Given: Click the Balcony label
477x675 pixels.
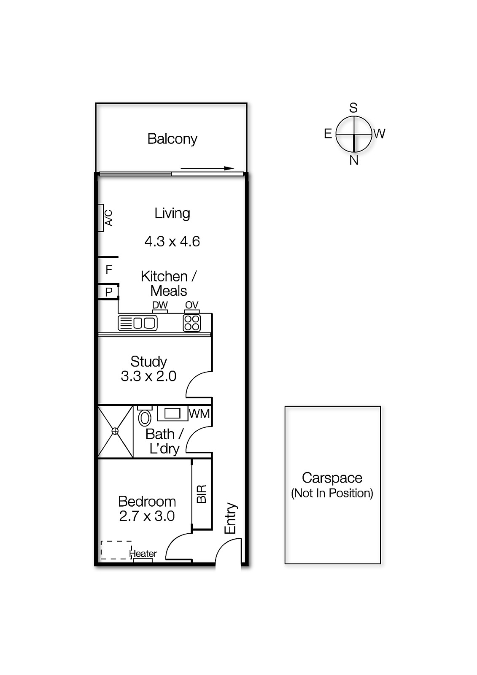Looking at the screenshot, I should point(172,139).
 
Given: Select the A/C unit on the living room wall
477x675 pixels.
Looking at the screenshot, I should point(101,218).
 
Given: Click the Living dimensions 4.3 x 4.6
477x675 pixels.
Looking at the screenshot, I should point(172,241).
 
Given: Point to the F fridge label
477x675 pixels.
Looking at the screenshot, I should point(109,270).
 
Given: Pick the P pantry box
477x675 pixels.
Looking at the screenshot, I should point(109,292).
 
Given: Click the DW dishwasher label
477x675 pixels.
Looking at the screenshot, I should point(160,305).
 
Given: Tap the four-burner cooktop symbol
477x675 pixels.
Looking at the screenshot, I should point(192,323).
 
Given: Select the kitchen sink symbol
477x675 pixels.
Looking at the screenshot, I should point(138,323).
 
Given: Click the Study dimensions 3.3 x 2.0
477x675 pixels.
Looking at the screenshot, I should point(148,376).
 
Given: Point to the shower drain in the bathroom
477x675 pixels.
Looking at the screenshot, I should point(115,431).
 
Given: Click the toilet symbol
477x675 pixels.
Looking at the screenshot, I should point(145,417).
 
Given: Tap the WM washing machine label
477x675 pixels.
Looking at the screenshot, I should point(199,413).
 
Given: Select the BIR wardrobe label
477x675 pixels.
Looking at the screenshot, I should point(202,494).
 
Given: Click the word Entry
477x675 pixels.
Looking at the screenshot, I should point(231,518).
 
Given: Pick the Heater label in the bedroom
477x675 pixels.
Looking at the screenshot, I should point(143,553).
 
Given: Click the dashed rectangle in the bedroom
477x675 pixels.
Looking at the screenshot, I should point(116,550).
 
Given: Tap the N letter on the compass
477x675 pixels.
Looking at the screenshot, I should point(354,160).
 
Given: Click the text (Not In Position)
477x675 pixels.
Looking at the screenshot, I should point(332,493).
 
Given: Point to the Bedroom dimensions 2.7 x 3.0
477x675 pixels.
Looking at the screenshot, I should point(147,516).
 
